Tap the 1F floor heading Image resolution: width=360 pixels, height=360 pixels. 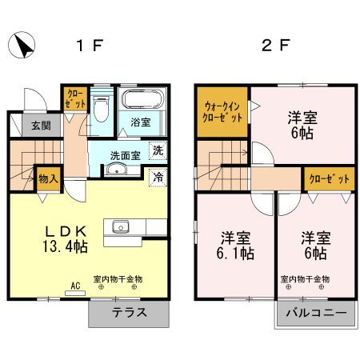[90, 46]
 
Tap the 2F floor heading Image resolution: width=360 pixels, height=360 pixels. [276, 46]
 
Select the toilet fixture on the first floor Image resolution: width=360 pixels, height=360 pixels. [102, 109]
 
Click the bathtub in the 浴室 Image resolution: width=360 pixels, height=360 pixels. [142, 98]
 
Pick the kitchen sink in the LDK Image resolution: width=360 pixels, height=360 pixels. [121, 227]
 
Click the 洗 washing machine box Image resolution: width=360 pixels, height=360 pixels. [158, 151]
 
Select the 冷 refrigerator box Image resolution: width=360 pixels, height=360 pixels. [158, 177]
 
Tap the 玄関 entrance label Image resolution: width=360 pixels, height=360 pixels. [42, 126]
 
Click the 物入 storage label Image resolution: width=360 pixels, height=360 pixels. [48, 178]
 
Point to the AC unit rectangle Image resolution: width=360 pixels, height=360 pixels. [75, 294]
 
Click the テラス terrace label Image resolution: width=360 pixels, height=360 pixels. [130, 312]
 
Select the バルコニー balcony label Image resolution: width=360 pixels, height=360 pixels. [317, 312]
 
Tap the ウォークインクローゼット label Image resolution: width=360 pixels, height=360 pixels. [222, 112]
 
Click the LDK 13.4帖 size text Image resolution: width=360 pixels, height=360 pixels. [66, 239]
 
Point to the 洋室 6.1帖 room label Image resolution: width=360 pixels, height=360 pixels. [235, 246]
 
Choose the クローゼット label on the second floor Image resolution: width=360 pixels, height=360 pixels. [330, 179]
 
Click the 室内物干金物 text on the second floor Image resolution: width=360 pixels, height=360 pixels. [305, 279]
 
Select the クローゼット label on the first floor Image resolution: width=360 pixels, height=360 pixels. [76, 98]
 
